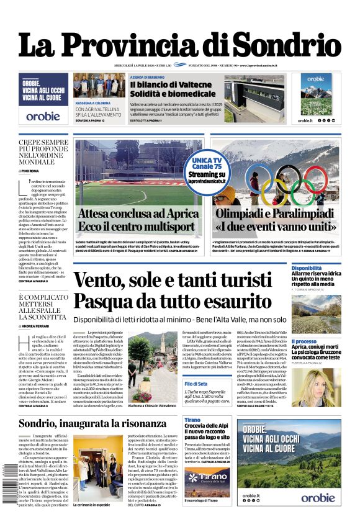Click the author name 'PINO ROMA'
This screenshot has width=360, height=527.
click(30, 170)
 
